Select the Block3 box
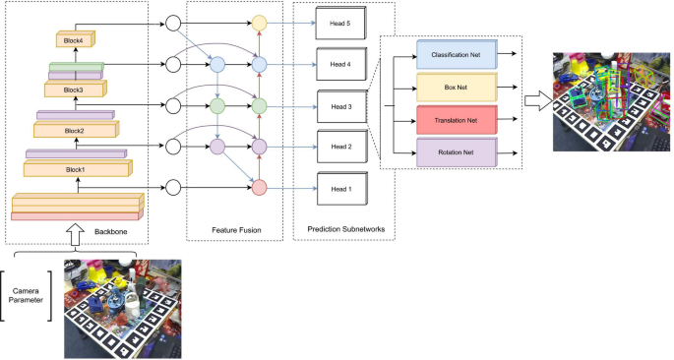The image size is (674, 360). (x=74, y=89)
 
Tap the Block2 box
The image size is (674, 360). (x=75, y=130)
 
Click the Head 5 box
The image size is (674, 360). (x=340, y=22)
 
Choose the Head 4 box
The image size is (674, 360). (x=340, y=64)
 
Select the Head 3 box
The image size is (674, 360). (x=340, y=104)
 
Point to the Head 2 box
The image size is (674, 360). (x=340, y=147)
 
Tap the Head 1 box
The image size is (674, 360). (x=340, y=187)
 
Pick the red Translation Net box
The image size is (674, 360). (x=457, y=121)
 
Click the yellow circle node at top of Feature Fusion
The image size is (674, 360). (x=260, y=22)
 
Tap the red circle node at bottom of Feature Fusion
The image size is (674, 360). (x=260, y=187)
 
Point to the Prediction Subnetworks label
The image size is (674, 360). (x=345, y=230)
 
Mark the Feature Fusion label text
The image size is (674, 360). (x=235, y=230)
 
